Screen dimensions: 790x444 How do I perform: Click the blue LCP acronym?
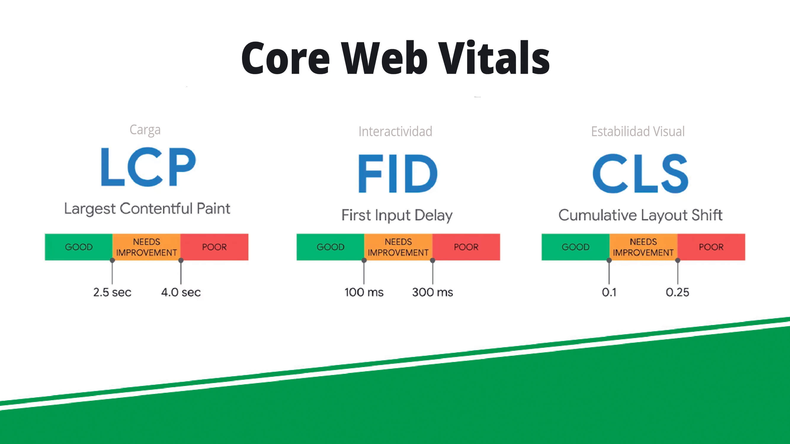click(x=148, y=167)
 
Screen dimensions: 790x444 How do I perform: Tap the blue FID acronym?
click(x=398, y=173)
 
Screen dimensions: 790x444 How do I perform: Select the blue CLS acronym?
click(x=640, y=173)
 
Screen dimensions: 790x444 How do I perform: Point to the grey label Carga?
click(x=145, y=130)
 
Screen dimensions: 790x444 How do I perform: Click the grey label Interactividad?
click(x=395, y=131)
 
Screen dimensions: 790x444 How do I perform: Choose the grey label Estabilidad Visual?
click(x=638, y=131)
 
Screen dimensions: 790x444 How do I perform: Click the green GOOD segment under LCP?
click(x=79, y=247)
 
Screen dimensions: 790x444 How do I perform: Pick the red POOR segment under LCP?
click(x=214, y=247)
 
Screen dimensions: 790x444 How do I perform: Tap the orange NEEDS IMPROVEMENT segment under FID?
click(x=398, y=247)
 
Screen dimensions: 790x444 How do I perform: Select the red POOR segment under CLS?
click(x=712, y=247)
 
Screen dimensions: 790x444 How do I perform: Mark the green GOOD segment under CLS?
click(x=576, y=247)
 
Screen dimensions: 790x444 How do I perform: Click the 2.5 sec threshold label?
click(x=112, y=292)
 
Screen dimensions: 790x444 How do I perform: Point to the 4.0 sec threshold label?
click(x=181, y=292)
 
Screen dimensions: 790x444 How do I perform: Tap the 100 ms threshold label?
click(x=364, y=292)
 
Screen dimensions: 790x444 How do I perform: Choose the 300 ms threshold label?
click(x=433, y=292)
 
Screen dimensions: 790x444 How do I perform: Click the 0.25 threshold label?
click(x=677, y=292)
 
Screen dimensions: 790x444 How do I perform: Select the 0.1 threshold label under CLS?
click(x=609, y=292)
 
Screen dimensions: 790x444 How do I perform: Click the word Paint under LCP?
click(x=214, y=209)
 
